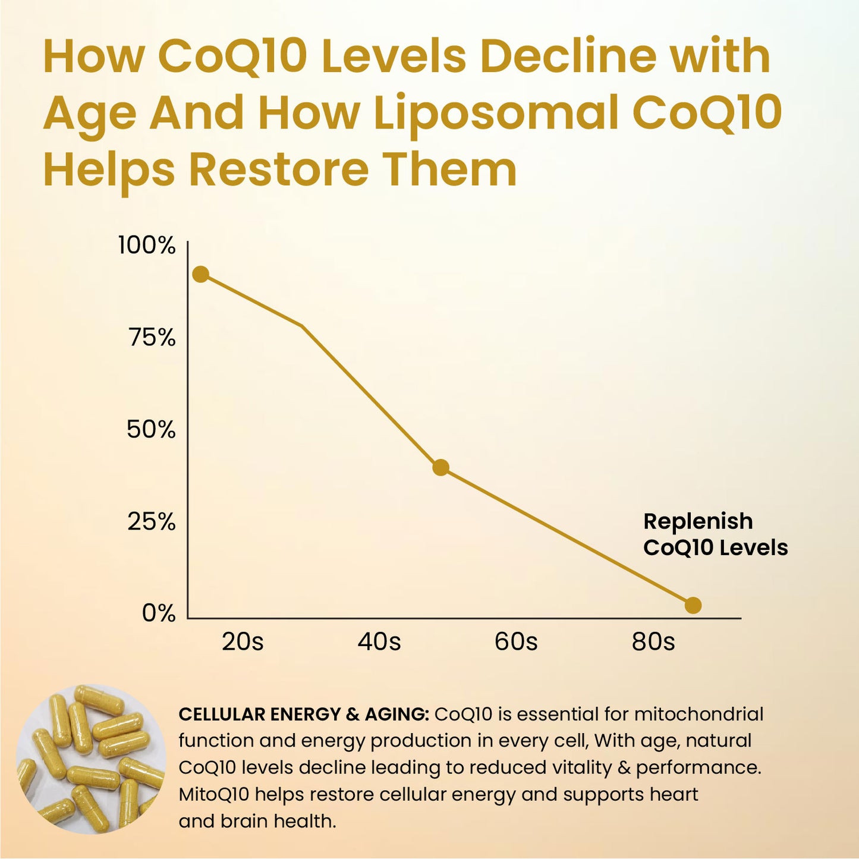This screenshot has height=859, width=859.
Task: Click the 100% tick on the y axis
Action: [x=147, y=245]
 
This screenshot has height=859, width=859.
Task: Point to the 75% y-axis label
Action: [x=152, y=338]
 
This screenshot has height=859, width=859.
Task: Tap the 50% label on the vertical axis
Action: [x=151, y=429]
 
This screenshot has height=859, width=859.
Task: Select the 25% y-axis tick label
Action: [x=152, y=522]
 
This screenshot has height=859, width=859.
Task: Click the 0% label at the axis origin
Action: [x=159, y=613]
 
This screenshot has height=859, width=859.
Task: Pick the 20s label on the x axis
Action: [x=243, y=642]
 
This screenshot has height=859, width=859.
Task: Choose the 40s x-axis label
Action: [x=379, y=642]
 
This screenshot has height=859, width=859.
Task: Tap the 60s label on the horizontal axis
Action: [x=516, y=642]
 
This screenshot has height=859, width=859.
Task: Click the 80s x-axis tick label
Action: [x=653, y=642]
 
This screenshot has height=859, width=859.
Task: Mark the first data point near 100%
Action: [x=201, y=274]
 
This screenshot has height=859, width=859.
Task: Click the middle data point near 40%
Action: [x=440, y=467]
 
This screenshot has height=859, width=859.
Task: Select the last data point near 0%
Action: [x=693, y=605]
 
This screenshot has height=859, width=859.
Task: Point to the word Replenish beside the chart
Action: [x=698, y=521]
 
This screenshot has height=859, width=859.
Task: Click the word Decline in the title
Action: [x=567, y=56]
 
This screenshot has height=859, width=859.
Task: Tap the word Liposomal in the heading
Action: [x=496, y=112]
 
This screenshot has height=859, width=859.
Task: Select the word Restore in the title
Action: [x=279, y=169]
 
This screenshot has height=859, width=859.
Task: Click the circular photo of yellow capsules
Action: [x=91, y=759]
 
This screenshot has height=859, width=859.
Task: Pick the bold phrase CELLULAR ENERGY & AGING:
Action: [x=303, y=714]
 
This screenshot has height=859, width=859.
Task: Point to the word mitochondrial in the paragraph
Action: [x=698, y=714]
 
